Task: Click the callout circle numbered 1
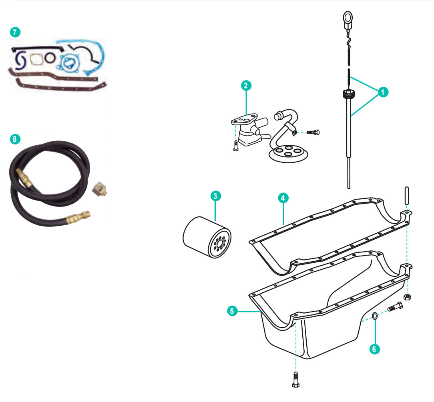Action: pos(383,92)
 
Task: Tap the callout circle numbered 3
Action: pos(215,196)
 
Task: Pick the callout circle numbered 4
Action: pos(283,198)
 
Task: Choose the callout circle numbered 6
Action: pos(374,349)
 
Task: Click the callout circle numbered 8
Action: pos(15,139)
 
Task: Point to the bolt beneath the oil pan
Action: pos(295,379)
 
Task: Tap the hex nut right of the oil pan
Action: pos(408,297)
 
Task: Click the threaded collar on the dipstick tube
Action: pos(348,95)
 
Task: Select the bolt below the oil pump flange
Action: pos(235,146)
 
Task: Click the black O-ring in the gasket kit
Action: pos(50,58)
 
